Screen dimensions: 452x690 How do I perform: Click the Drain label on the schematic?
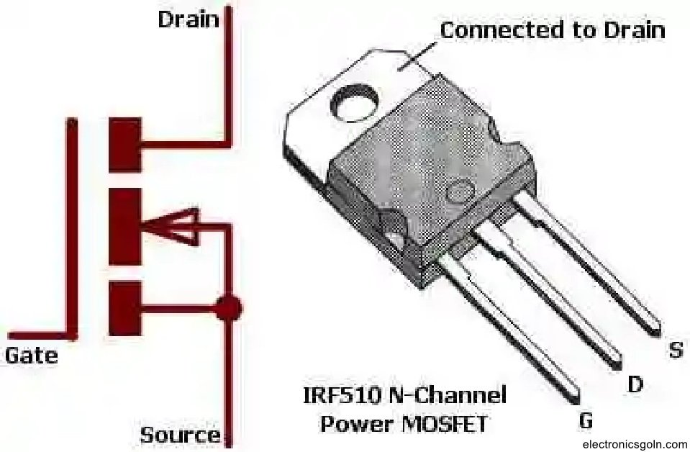pyautogui.click(x=188, y=19)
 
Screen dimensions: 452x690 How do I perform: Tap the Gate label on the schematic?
pyautogui.click(x=32, y=355)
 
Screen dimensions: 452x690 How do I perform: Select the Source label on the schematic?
pyautogui.click(x=180, y=435)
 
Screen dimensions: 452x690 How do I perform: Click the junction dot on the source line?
pyautogui.click(x=229, y=308)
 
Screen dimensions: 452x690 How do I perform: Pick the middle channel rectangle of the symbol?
pyautogui.click(x=124, y=227)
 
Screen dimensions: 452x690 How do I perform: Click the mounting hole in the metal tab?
pyautogui.click(x=354, y=101)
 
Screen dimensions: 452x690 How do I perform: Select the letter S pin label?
pyautogui.click(x=676, y=351)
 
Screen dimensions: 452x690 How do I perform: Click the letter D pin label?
pyautogui.click(x=635, y=385)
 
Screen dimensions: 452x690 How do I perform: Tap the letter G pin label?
pyautogui.click(x=586, y=420)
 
